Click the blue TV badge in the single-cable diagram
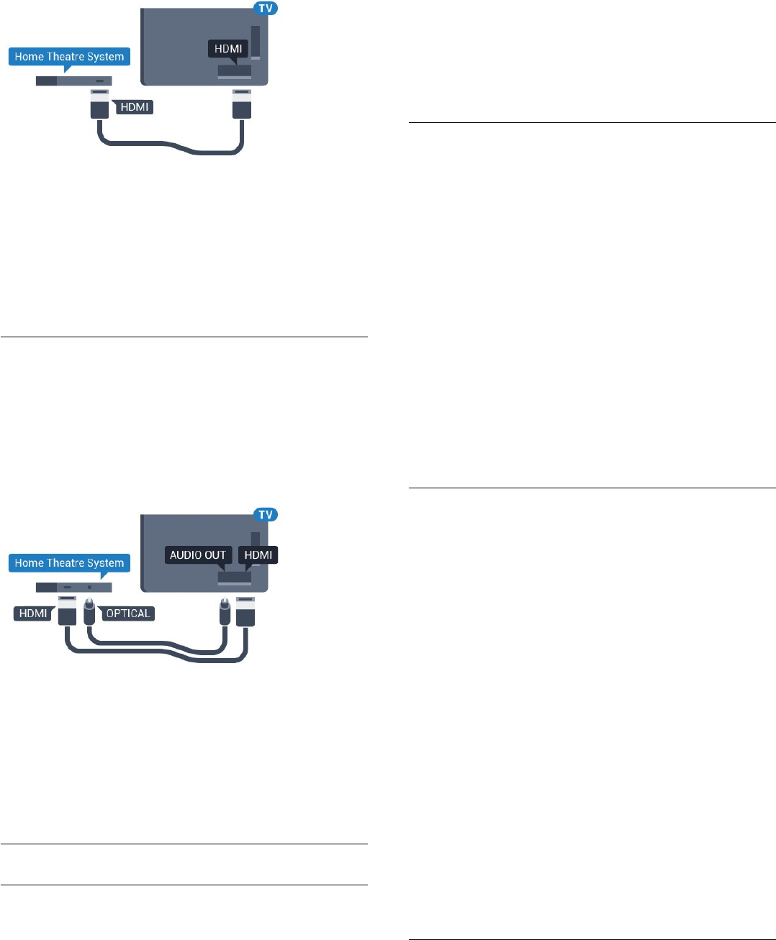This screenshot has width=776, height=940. [x=265, y=9]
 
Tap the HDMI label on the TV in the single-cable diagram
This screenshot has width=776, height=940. [x=228, y=49]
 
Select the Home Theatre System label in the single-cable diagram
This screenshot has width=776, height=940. [x=69, y=57]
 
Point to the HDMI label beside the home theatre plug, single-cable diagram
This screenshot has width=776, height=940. [x=135, y=107]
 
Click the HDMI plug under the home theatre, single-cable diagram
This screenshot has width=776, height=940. [x=99, y=105]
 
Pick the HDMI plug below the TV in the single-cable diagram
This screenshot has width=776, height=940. [x=241, y=105]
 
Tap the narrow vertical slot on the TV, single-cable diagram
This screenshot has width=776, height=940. [x=255, y=42]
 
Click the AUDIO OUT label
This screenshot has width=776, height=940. [x=198, y=555]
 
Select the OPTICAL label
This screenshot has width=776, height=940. [x=128, y=613]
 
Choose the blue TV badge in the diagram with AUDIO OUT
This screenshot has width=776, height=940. [x=265, y=515]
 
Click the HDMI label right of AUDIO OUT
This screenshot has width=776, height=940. [x=258, y=555]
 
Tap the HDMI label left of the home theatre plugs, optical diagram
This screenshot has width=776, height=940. [x=33, y=613]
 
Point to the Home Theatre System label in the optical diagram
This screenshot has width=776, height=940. [x=69, y=563]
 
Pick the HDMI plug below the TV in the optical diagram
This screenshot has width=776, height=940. [x=245, y=611]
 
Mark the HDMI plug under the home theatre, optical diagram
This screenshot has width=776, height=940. [x=67, y=611]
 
